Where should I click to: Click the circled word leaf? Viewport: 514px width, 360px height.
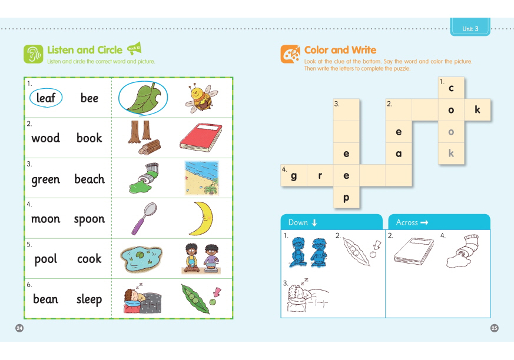click(x=46, y=98)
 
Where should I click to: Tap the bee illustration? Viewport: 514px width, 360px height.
click(x=201, y=98)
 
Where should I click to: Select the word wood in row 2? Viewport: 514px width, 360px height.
click(x=45, y=138)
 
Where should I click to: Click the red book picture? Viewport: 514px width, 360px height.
click(x=201, y=138)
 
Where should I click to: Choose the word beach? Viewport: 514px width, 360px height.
click(x=89, y=179)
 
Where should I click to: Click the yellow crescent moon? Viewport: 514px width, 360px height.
click(x=201, y=218)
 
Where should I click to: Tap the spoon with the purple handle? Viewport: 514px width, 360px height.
click(x=144, y=218)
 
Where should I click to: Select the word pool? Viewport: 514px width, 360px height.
click(x=45, y=259)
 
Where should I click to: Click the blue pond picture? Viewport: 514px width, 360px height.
click(x=141, y=259)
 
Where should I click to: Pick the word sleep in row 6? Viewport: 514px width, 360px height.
click(x=89, y=299)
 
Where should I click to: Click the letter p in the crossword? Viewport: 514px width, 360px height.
click(x=346, y=198)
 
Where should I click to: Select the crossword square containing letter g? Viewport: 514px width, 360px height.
click(x=294, y=175)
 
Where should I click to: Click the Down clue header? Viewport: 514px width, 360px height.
click(x=331, y=222)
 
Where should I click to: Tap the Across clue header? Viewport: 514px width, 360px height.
click(x=439, y=222)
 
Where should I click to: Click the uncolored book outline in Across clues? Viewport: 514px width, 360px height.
click(x=414, y=251)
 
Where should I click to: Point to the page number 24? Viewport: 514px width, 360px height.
click(x=19, y=328)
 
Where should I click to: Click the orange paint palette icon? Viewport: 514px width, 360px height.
click(x=290, y=54)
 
